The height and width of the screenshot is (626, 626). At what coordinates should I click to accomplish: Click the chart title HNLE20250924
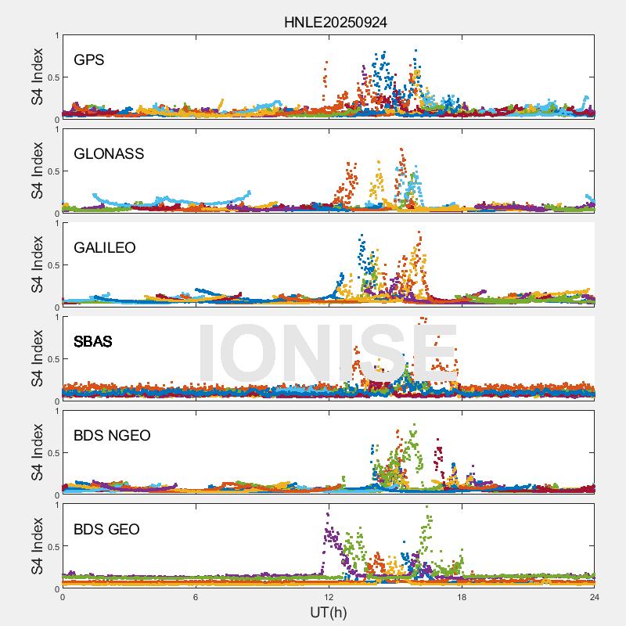[335, 23]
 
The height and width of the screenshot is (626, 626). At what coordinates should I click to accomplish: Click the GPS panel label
[89, 59]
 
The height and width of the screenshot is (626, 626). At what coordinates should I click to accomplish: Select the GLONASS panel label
[109, 153]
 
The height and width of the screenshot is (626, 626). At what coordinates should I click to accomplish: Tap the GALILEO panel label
[104, 247]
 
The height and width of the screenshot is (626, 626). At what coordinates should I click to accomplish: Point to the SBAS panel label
[93, 341]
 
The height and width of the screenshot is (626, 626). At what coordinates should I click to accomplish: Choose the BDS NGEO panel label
[112, 435]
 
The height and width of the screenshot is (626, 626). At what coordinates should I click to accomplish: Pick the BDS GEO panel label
[106, 529]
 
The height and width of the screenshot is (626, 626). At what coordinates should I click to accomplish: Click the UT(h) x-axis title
[328, 611]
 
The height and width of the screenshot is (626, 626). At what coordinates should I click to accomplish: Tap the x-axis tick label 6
[196, 597]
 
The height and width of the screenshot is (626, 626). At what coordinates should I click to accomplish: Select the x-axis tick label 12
[329, 597]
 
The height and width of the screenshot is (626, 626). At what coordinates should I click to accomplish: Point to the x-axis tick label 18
[462, 597]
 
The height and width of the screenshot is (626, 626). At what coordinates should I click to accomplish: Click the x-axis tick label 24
[595, 597]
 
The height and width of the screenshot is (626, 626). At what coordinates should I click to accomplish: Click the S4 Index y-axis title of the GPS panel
[37, 77]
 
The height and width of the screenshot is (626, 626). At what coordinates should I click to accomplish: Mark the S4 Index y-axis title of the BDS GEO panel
[37, 546]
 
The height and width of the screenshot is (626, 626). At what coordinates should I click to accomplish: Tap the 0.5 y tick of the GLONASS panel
[52, 171]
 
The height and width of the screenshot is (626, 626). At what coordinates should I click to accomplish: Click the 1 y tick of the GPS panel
[56, 35]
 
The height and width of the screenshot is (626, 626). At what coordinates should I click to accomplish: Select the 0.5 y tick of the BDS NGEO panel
[52, 453]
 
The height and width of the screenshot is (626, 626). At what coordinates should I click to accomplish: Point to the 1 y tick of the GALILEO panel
[56, 223]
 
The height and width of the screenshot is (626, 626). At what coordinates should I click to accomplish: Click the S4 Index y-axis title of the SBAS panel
[37, 358]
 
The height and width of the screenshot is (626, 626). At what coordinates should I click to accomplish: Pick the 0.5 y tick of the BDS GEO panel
[52, 547]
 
